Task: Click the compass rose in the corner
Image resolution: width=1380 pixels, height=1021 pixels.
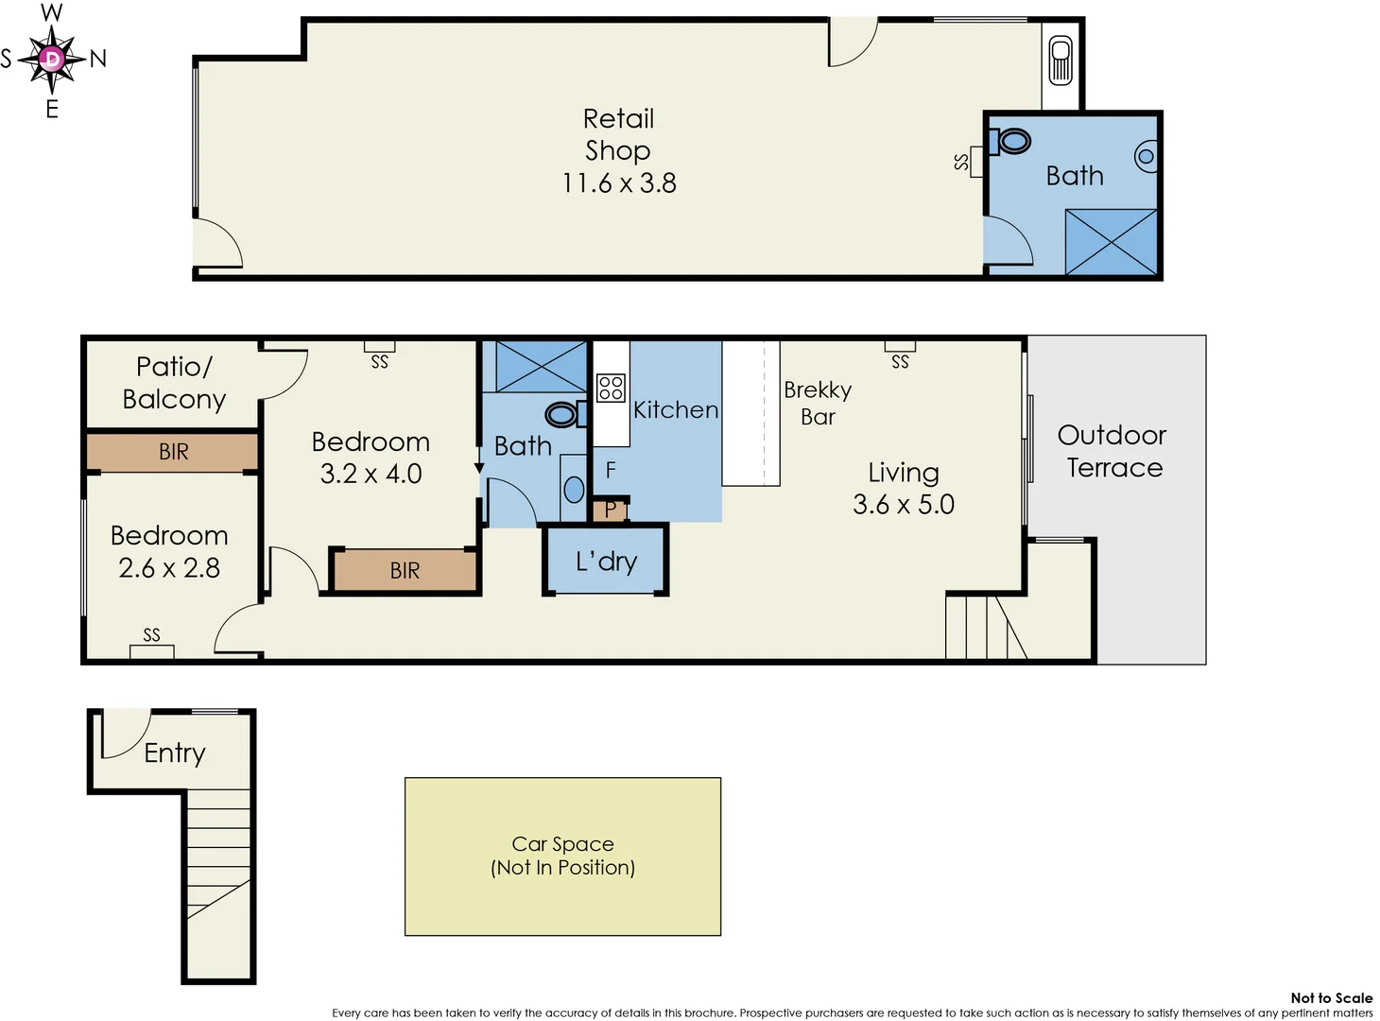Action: (x=52, y=60)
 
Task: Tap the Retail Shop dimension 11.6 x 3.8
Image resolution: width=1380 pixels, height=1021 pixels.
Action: (x=619, y=183)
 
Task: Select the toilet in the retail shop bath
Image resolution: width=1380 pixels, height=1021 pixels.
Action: (x=1011, y=142)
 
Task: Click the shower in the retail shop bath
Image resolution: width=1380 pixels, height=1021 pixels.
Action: (x=1111, y=242)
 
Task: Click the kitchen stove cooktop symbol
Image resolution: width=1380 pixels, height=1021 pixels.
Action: (x=611, y=388)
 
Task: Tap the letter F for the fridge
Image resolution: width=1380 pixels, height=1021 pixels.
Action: (x=611, y=470)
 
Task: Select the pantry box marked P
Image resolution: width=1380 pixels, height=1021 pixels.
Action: (x=610, y=510)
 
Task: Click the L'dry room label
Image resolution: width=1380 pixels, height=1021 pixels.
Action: (x=606, y=562)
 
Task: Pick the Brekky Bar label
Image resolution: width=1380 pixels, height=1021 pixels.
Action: (x=818, y=403)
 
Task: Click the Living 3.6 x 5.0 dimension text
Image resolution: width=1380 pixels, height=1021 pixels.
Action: (x=904, y=505)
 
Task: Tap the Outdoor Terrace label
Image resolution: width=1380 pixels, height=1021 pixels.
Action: (x=1113, y=451)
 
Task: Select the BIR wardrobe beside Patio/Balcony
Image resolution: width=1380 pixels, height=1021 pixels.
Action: (x=173, y=452)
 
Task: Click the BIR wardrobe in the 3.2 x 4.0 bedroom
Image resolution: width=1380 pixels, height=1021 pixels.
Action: (x=405, y=571)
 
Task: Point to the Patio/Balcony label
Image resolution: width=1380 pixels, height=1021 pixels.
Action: (x=174, y=382)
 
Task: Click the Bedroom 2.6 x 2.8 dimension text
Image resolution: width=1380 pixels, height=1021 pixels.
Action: (x=169, y=568)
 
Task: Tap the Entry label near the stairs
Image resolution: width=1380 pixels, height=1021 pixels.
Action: (x=175, y=753)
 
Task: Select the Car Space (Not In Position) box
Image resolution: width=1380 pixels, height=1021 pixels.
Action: (x=562, y=857)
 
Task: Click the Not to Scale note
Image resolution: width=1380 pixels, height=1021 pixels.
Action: (x=1331, y=997)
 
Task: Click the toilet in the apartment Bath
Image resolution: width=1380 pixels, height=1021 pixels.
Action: (x=563, y=414)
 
